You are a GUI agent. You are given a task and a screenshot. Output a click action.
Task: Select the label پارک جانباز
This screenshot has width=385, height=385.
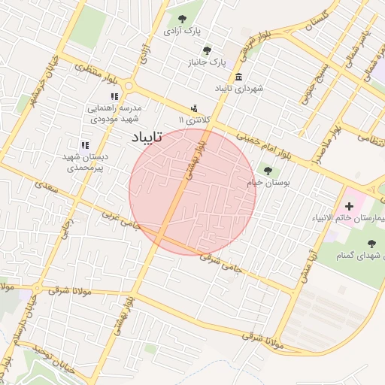207,62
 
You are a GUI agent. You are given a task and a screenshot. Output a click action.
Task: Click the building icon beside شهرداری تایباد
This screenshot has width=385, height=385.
238,77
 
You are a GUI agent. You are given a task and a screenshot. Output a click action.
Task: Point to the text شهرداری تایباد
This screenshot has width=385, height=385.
238,89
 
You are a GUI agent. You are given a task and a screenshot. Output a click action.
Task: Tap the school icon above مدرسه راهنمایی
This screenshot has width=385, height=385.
114,96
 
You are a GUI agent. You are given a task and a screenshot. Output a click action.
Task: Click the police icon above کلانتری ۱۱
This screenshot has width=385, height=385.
194,110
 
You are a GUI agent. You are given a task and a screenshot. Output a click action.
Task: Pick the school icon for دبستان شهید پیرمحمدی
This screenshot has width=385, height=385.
85,144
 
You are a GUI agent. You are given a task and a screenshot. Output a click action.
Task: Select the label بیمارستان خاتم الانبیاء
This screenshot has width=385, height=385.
352,218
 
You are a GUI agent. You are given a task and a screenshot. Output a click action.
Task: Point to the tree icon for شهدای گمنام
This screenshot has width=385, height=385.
371,242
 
